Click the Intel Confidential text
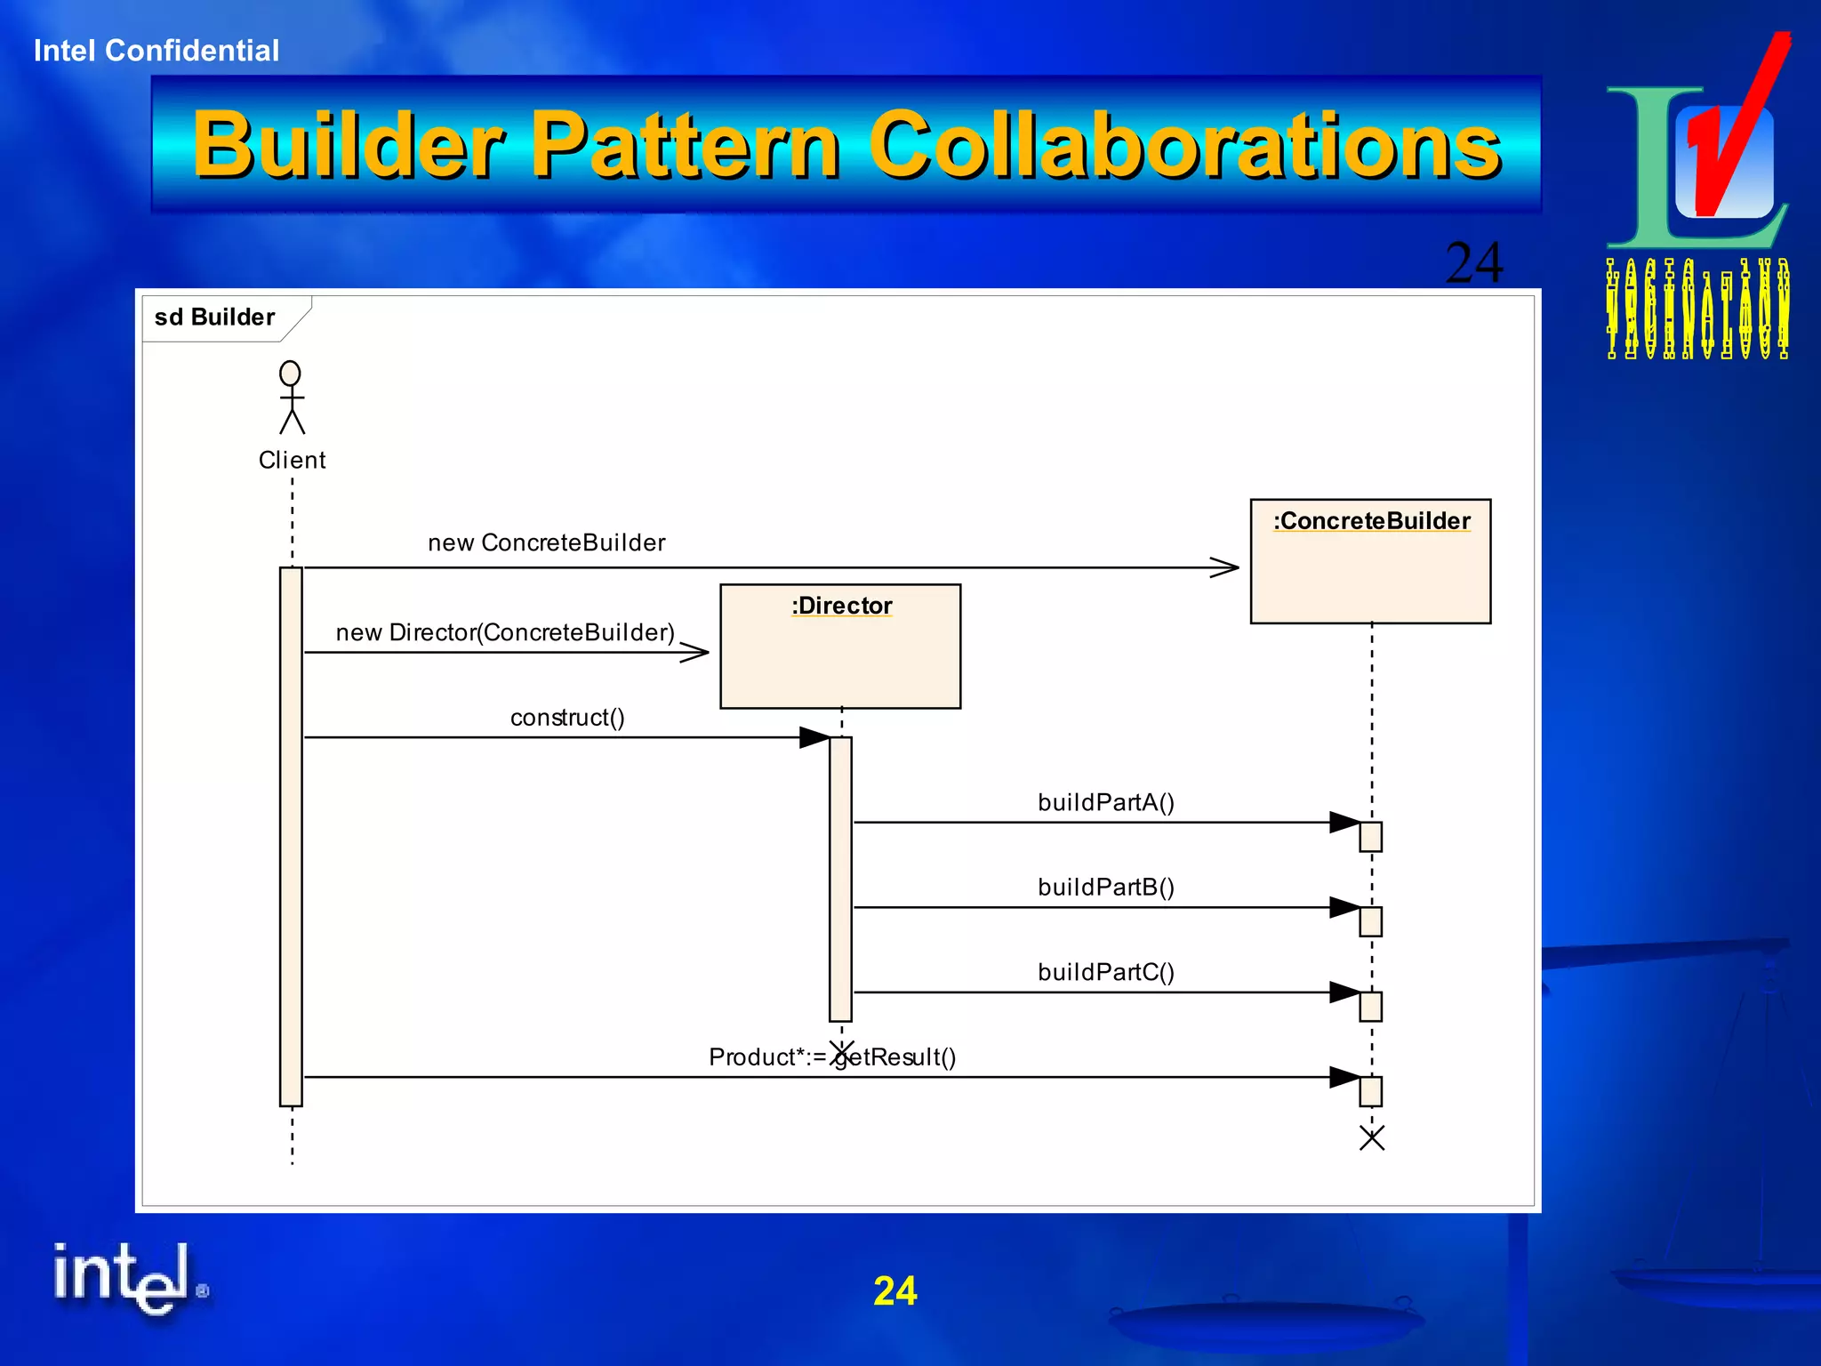[156, 51]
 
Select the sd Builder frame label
[214, 317]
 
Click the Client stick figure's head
[290, 373]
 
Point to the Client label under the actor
[292, 460]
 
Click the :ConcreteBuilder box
[1370, 561]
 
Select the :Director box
[840, 646]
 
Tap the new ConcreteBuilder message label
[546, 542]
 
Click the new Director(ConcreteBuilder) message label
[505, 632]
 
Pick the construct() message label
[567, 718]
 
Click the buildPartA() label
[1106, 802]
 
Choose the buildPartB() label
[1106, 888]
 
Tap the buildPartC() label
[1106, 972]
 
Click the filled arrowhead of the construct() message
[814, 737]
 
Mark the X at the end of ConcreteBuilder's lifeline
[1372, 1138]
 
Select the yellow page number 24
[894, 1291]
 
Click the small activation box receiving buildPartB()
[1370, 922]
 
